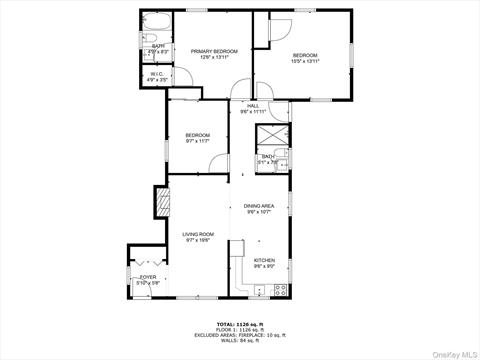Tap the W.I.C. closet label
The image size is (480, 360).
[158, 73]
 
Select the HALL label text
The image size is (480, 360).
[253, 106]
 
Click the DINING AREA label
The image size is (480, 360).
[259, 206]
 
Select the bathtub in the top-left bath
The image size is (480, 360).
[158, 24]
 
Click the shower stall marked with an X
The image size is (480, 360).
[272, 137]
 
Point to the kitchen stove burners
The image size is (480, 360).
[281, 289]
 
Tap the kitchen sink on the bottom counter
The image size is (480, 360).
[260, 290]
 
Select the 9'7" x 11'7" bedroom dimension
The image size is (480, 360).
[197, 141]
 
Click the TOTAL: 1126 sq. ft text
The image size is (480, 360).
[239, 324]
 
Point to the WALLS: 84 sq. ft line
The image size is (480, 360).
[239, 341]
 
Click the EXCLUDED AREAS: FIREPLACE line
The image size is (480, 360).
[239, 335]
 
